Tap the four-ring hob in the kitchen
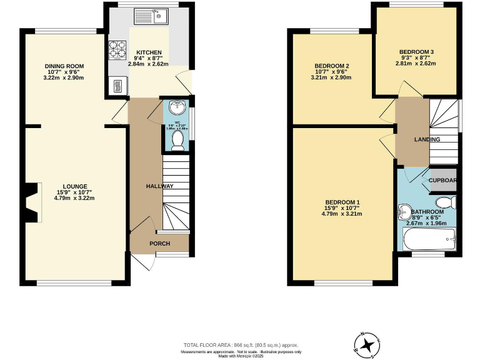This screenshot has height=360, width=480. tap(117, 48)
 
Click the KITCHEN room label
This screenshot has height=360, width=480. tap(150, 52)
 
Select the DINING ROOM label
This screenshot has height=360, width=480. tap(64, 66)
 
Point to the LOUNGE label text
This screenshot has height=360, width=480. tap(74, 186)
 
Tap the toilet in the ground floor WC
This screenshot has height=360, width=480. tap(177, 140)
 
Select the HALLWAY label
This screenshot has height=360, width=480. tap(160, 186)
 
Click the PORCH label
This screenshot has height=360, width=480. tap(159, 243)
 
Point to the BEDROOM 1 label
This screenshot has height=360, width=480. tap(342, 202)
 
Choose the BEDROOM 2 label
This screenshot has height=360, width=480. tap(331, 66)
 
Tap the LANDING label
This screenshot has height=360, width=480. tap(427, 139)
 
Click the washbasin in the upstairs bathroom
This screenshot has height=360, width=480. tap(404, 213)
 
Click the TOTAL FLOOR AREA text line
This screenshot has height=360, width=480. tap(240, 345)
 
